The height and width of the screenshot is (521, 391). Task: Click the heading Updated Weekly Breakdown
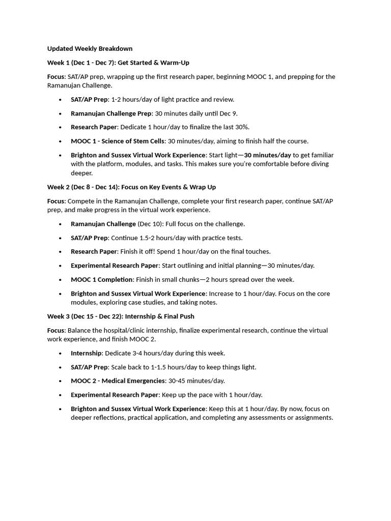click(x=90, y=49)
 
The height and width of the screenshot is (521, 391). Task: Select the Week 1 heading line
click(x=118, y=63)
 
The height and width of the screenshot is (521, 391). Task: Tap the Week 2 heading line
click(x=131, y=187)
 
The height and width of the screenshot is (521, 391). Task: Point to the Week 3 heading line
click(x=121, y=316)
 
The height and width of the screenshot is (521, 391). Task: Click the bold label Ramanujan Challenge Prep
click(x=111, y=113)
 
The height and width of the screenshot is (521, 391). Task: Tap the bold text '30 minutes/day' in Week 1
click(x=267, y=155)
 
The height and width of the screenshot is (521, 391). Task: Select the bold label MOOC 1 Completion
click(x=102, y=279)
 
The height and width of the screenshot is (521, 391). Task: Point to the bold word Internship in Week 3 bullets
click(x=86, y=353)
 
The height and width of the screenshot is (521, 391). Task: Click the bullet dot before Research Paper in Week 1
click(x=61, y=127)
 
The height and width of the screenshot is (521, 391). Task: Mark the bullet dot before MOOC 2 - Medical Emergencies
click(x=61, y=381)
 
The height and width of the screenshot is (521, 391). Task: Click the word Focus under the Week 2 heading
click(x=56, y=201)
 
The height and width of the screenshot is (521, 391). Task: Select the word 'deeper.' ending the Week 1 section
click(x=81, y=173)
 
